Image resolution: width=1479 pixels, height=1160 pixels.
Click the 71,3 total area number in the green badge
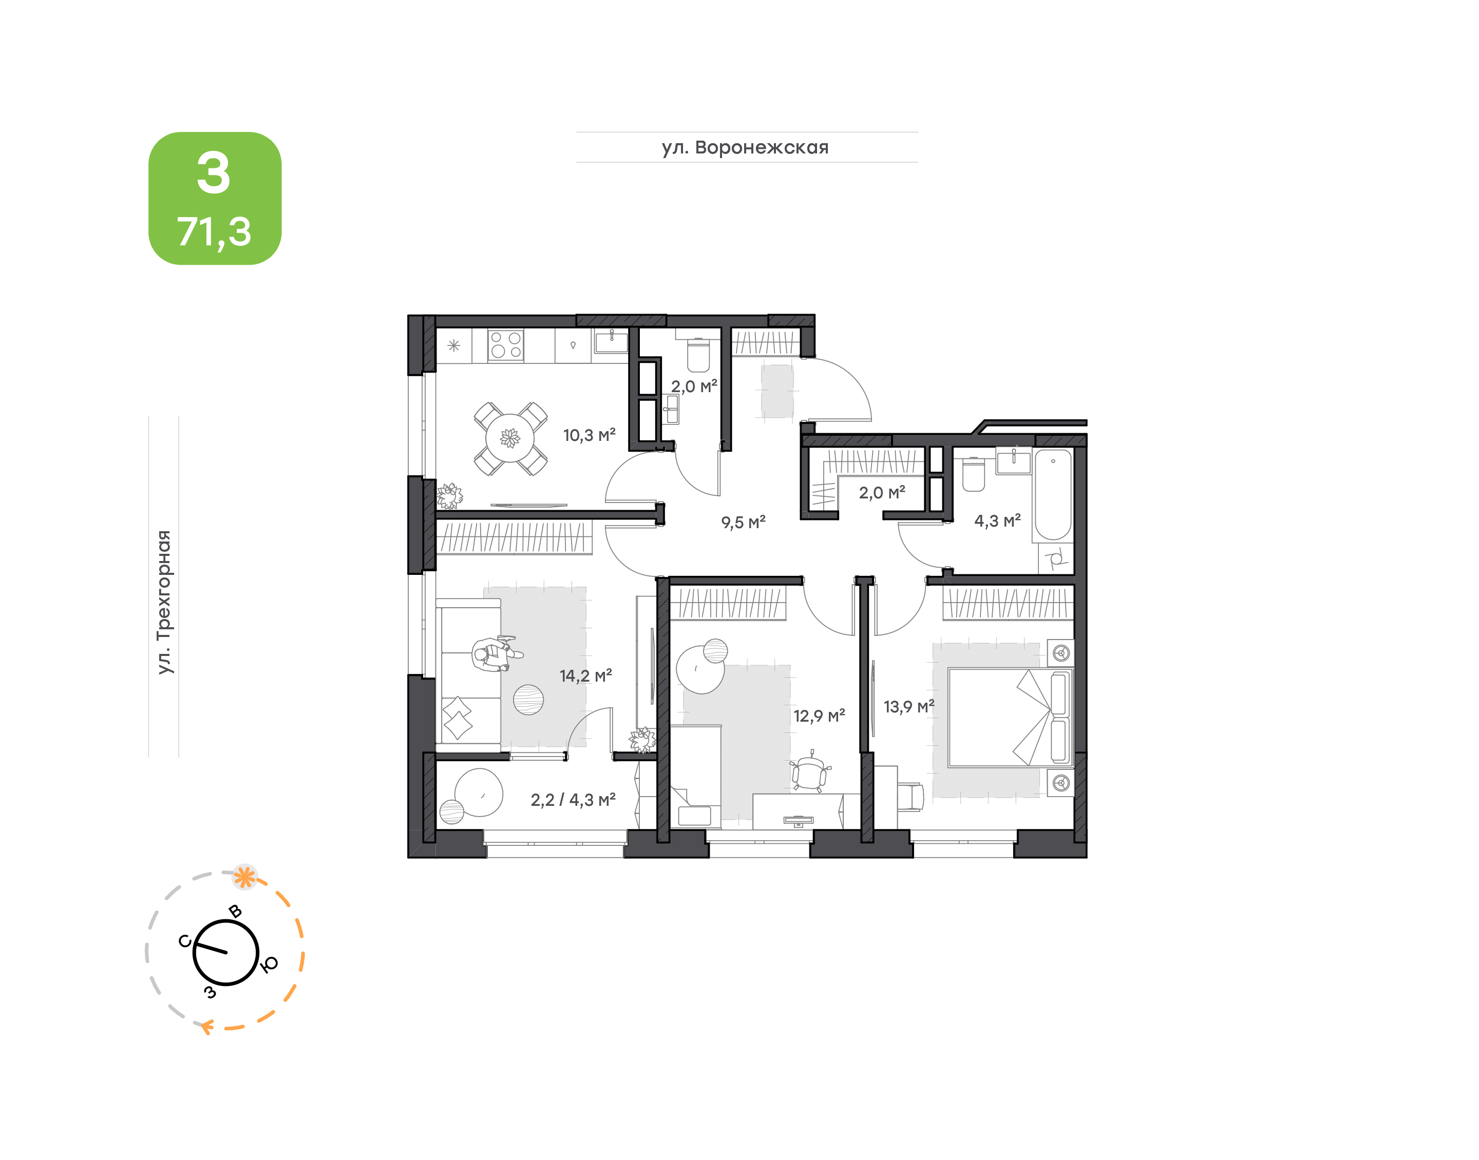[x=215, y=231]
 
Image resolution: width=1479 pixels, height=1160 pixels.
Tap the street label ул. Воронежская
[x=745, y=147]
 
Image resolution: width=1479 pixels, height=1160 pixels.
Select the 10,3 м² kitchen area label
[x=589, y=435]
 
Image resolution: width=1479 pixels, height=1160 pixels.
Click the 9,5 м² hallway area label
[x=743, y=523]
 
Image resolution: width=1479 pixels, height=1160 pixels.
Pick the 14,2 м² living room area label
[x=585, y=676]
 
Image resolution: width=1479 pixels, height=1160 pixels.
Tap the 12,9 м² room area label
[x=819, y=716]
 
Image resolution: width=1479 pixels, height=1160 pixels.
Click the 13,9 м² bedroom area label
[x=909, y=706]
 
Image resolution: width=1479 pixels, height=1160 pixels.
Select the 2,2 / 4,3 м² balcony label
[x=573, y=800]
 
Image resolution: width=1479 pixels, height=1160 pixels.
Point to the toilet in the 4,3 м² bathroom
[x=974, y=473]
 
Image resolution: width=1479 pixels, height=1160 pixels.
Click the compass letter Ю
[x=269, y=965]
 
